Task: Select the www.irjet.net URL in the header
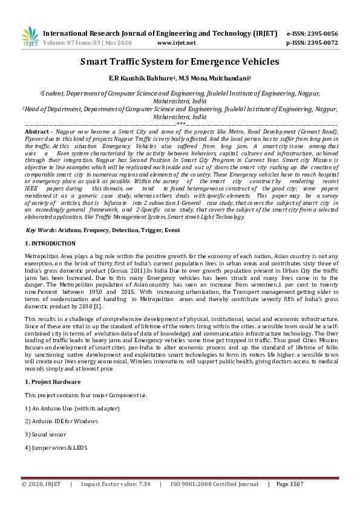pos(176,43)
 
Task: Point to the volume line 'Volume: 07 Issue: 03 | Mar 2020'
pos(87,43)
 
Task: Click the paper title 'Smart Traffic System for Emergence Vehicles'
pos(180,62)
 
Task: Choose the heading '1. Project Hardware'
pos(53,383)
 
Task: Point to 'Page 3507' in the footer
pos(289,484)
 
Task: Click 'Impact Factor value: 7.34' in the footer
pos(116,484)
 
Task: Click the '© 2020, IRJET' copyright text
pos(42,484)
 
